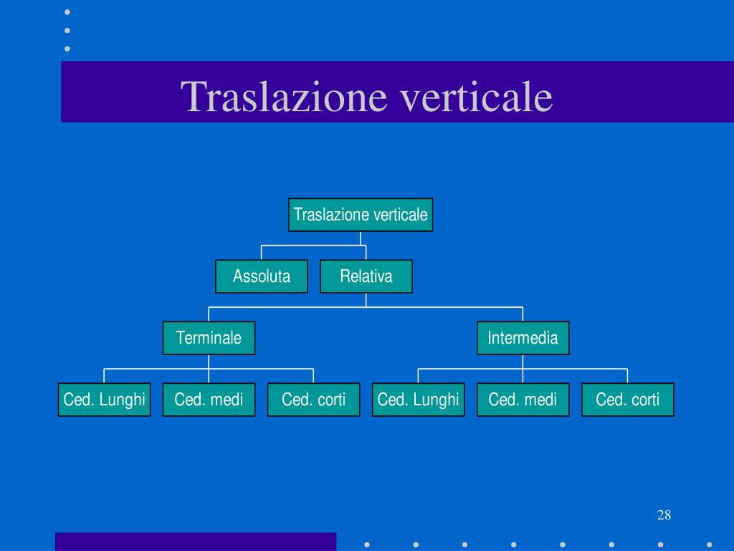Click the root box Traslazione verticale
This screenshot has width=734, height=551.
(x=361, y=215)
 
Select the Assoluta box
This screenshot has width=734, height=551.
(x=261, y=276)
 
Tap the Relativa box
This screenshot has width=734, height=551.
(x=366, y=276)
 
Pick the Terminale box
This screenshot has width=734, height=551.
(x=209, y=338)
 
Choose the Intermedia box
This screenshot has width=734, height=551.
(x=523, y=338)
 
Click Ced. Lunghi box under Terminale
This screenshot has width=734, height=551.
(x=104, y=400)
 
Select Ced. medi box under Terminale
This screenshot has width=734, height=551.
(x=209, y=400)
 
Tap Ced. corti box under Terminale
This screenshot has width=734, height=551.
(x=314, y=400)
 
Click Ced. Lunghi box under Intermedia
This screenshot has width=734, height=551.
(x=418, y=400)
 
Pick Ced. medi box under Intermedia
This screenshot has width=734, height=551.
(x=523, y=400)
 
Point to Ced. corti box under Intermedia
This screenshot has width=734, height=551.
(x=628, y=400)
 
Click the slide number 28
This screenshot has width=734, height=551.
(x=664, y=515)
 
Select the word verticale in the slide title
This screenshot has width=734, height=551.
(x=476, y=97)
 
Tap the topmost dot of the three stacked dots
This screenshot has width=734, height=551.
(x=67, y=12)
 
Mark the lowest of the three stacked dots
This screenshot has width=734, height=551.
(x=67, y=49)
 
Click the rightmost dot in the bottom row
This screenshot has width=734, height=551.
(x=709, y=545)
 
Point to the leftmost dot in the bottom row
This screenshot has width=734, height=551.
(x=367, y=545)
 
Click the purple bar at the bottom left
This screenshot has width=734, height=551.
(x=196, y=542)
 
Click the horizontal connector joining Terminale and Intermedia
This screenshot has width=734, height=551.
(x=366, y=307)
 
